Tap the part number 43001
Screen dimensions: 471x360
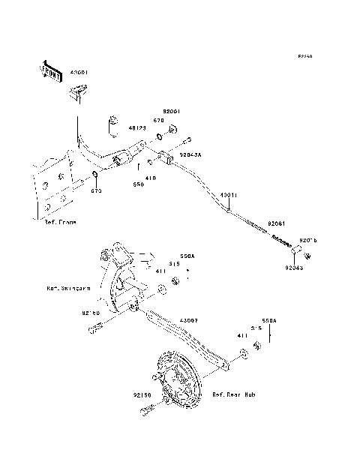click(79, 73)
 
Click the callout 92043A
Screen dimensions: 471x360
click(190, 154)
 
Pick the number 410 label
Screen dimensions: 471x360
click(151, 178)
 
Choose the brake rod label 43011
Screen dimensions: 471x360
click(229, 194)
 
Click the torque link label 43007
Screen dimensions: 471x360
click(189, 320)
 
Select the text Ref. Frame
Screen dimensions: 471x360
click(60, 223)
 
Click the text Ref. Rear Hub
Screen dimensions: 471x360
click(235, 394)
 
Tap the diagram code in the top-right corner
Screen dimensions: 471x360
click(304, 56)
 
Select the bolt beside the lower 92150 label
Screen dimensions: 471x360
click(146, 409)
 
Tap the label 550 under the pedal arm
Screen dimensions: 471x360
click(138, 184)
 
